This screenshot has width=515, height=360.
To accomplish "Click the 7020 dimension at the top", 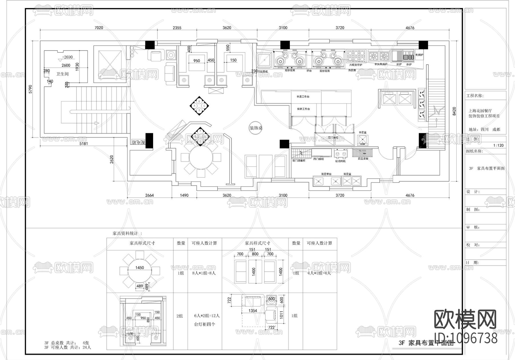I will point(98,28).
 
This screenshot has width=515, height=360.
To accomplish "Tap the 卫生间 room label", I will point(62,74).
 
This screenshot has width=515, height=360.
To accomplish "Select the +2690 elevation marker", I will point(68,57).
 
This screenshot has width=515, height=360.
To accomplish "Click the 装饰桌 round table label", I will point(256,128).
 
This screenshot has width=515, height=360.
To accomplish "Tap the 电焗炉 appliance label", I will point(419,55).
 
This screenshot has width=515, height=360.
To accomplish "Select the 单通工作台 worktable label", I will point(303,97).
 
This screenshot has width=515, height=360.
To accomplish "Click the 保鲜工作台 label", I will point(303,109).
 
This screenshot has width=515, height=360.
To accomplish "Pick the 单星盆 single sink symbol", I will point(363,140).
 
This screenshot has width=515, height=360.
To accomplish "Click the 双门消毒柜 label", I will point(298,161).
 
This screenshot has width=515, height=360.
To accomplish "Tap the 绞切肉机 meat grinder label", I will point(340,161).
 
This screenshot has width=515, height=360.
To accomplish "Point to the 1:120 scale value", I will point(498,145).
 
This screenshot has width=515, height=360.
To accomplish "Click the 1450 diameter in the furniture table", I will point(140,268).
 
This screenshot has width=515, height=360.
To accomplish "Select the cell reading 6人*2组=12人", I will point(207,316).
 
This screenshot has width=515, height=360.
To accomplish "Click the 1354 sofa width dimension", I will point(253,311).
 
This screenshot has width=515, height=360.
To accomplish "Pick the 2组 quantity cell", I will point(180,316).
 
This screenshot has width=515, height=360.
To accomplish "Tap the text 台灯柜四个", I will point(204,324).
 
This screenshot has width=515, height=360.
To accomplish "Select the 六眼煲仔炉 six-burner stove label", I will point(356,65).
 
